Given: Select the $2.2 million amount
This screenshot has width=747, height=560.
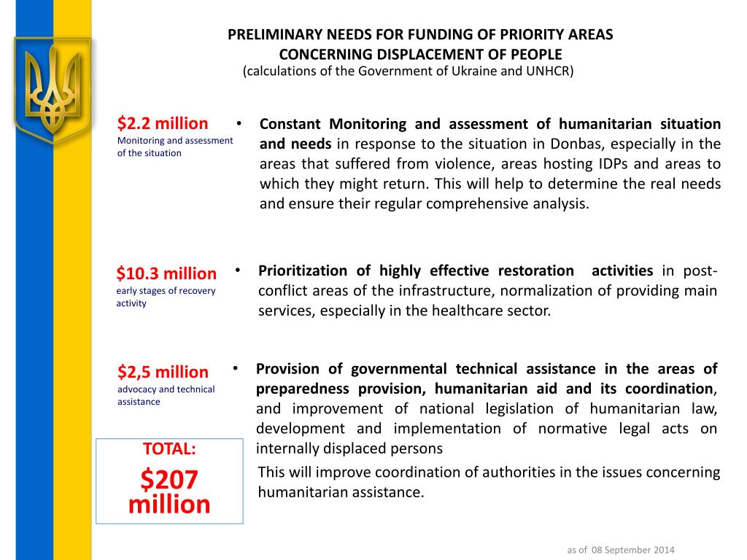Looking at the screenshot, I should pos(163,123).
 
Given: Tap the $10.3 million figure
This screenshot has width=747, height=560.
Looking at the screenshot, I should pos(166,273).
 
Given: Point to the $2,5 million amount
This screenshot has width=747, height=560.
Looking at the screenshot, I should pos(163,372).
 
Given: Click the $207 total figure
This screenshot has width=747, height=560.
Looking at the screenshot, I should pos(169,480).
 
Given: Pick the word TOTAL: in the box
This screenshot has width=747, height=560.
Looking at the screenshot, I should pos(169,449).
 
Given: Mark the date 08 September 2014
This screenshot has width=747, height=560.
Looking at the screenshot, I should pos(632,549).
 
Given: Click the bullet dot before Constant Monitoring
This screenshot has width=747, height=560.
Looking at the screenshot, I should pos(240,123).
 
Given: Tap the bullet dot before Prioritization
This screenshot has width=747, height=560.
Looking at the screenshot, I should pos(239,271).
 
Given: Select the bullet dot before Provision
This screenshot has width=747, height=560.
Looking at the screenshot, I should pos(236,368).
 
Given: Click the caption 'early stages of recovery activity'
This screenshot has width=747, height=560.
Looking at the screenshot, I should pos(166,297).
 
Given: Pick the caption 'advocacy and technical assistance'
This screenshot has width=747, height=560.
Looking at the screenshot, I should pos(166,395).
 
